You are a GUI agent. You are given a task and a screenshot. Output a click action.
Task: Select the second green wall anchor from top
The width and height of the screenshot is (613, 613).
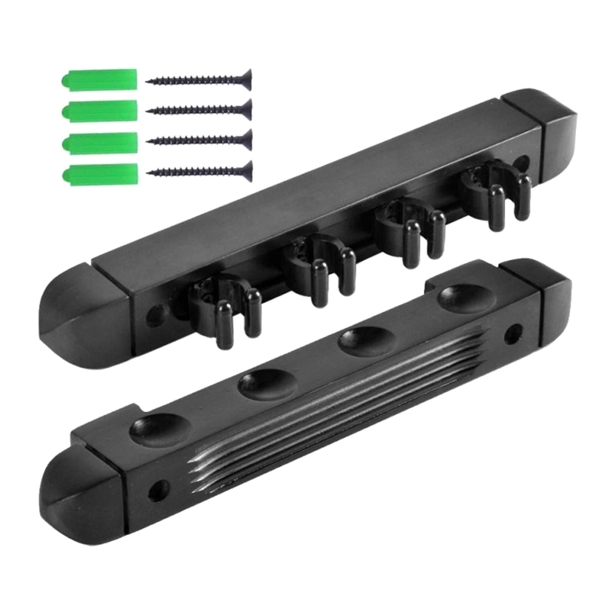click(99, 110)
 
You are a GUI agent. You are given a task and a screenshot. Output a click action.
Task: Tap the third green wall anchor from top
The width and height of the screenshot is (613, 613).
click(99, 142)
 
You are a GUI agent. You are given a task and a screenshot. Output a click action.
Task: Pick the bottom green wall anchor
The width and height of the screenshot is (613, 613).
click(99, 173)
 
